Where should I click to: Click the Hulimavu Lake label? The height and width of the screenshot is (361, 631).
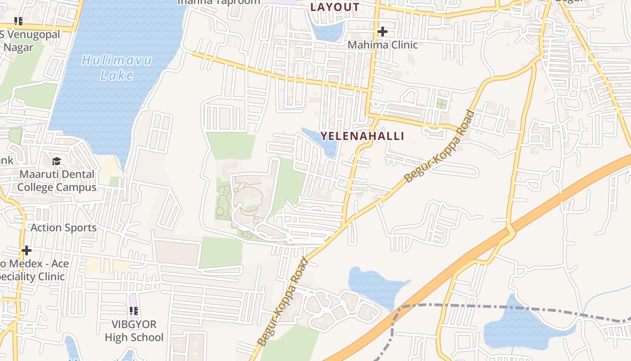click(x=117, y=67)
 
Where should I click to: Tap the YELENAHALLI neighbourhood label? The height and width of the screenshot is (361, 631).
click(x=362, y=136)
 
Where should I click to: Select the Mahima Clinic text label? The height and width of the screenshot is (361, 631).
click(x=383, y=45)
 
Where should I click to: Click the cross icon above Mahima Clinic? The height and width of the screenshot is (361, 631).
click(x=383, y=32)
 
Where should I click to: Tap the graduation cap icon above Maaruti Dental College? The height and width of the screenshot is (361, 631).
click(x=56, y=161)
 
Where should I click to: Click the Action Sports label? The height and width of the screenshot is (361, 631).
click(x=64, y=227)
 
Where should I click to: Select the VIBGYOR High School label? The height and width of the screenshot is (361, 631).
click(x=134, y=331)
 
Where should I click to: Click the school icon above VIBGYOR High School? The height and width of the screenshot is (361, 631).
click(x=134, y=310)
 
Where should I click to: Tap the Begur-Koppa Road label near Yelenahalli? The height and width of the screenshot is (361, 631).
click(x=439, y=146)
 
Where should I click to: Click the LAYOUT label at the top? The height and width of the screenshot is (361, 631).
click(x=335, y=7)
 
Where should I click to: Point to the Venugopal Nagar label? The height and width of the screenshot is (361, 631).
click(x=31, y=41)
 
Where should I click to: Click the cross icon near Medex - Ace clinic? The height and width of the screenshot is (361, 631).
click(x=27, y=250)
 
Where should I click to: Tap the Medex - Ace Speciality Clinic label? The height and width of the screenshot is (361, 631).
click(x=34, y=270)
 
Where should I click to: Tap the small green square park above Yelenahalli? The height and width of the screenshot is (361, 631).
click(x=442, y=104)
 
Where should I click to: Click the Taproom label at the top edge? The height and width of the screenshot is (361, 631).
click(x=219, y=2)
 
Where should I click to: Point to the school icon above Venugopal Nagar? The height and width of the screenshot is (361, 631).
click(x=18, y=21)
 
